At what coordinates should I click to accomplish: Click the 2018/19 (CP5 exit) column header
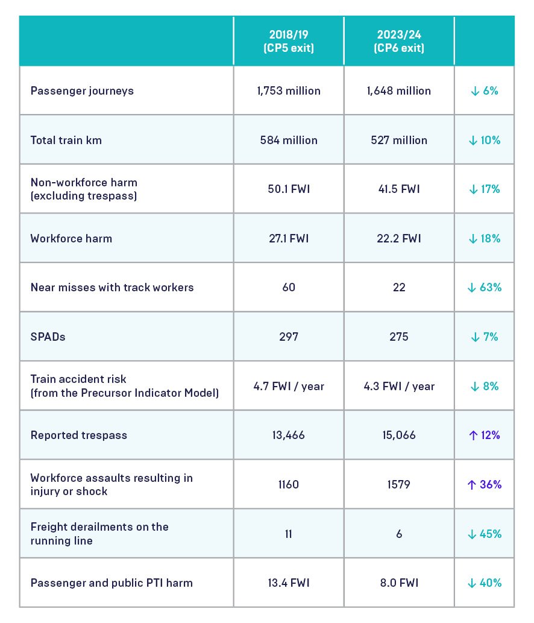289,41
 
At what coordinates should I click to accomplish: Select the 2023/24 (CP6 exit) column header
399,41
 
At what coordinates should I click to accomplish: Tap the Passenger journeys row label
82,91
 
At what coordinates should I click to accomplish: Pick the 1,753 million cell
289,90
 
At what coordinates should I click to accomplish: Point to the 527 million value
399,140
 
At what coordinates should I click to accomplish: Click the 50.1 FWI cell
289,189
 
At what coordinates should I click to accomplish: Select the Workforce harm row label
72,238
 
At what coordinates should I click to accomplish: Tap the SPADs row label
48,337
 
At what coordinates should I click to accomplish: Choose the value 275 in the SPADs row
399,337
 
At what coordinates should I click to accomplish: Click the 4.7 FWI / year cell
289,386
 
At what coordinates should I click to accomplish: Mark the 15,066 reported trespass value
399,435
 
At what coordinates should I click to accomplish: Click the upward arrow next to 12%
473,435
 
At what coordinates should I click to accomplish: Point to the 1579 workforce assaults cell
399,484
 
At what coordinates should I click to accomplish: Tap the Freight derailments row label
99,534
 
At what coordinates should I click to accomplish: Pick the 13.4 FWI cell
289,583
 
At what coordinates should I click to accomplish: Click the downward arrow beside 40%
472,583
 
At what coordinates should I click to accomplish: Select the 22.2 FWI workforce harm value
399,238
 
